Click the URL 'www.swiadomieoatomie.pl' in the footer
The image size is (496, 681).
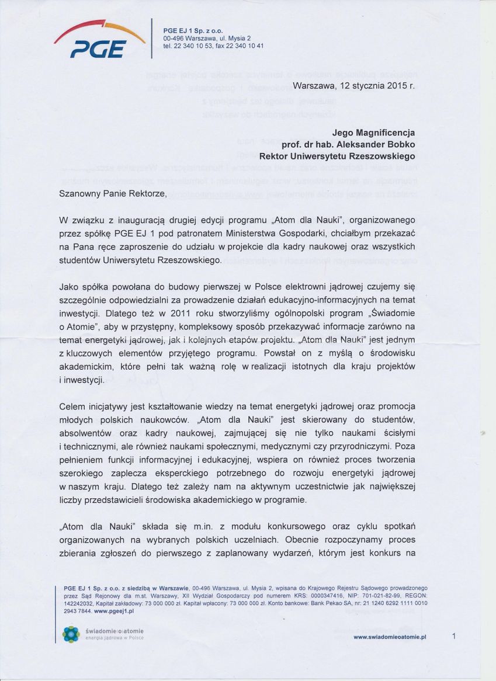pyautogui.click(x=390, y=637)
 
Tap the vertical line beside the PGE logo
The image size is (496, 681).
pyautogui.click(x=152, y=39)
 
